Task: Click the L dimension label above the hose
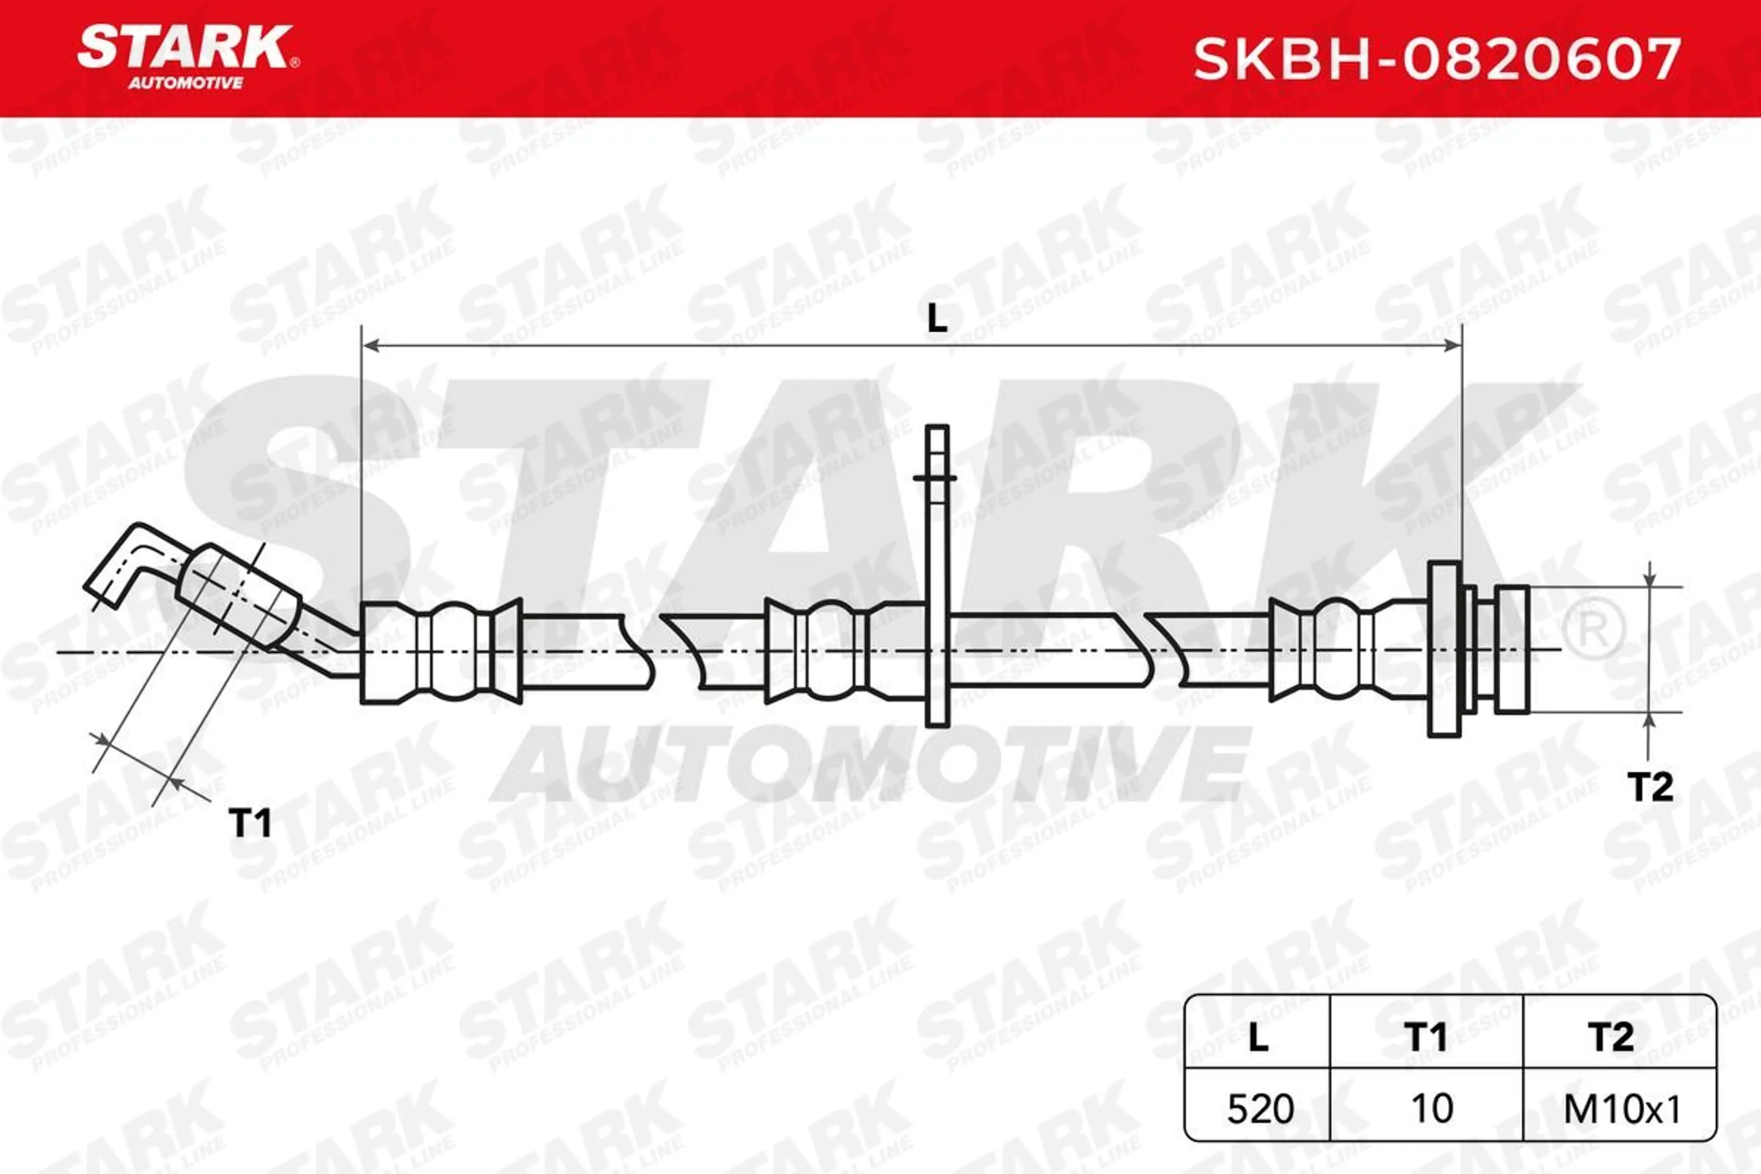coord(936,318)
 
